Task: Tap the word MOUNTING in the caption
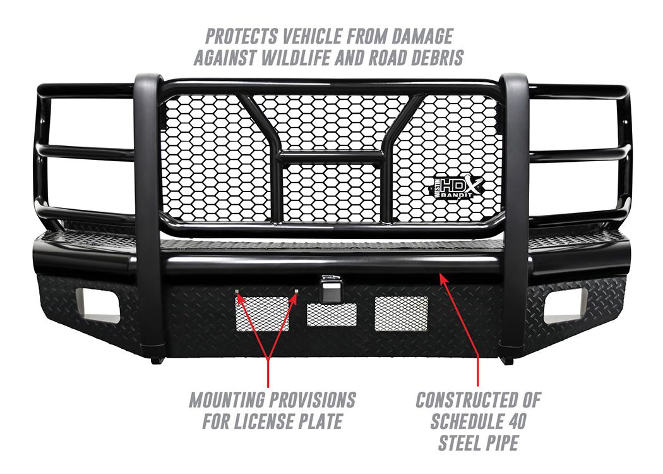pyautogui.click(x=225, y=399)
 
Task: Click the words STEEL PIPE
pyautogui.click(x=478, y=442)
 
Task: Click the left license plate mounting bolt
pyautogui.click(x=237, y=291)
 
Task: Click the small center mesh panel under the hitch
pyautogui.click(x=331, y=315)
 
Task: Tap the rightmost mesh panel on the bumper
pyautogui.click(x=401, y=313)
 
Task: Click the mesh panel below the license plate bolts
pyautogui.click(x=263, y=313)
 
